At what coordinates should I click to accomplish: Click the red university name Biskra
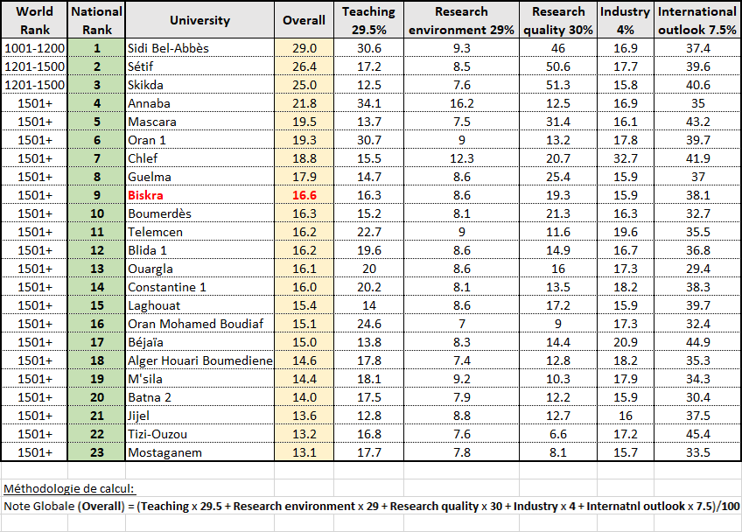click(x=145, y=195)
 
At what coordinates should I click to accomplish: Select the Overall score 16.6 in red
click(x=304, y=195)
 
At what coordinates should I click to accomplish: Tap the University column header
click(x=199, y=20)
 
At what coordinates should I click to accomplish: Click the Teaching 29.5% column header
click(x=368, y=20)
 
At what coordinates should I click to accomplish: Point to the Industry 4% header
click(x=625, y=20)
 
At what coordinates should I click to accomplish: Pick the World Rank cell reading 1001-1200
click(x=34, y=48)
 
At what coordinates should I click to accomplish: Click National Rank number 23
click(x=97, y=452)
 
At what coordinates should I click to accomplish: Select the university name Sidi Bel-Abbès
click(x=168, y=48)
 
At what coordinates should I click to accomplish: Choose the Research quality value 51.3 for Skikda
click(x=558, y=85)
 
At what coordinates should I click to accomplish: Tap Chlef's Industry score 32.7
click(x=625, y=158)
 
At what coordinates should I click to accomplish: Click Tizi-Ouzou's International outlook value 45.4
click(x=697, y=434)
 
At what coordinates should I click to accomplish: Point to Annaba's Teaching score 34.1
click(x=368, y=103)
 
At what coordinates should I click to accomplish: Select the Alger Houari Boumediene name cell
click(x=199, y=360)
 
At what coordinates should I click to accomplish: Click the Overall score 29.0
click(x=304, y=48)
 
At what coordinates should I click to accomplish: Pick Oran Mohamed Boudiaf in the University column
click(x=195, y=324)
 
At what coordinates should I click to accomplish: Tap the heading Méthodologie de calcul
click(x=69, y=488)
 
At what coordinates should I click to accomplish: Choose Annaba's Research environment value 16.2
click(x=461, y=103)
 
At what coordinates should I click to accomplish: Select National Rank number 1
click(x=97, y=48)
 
